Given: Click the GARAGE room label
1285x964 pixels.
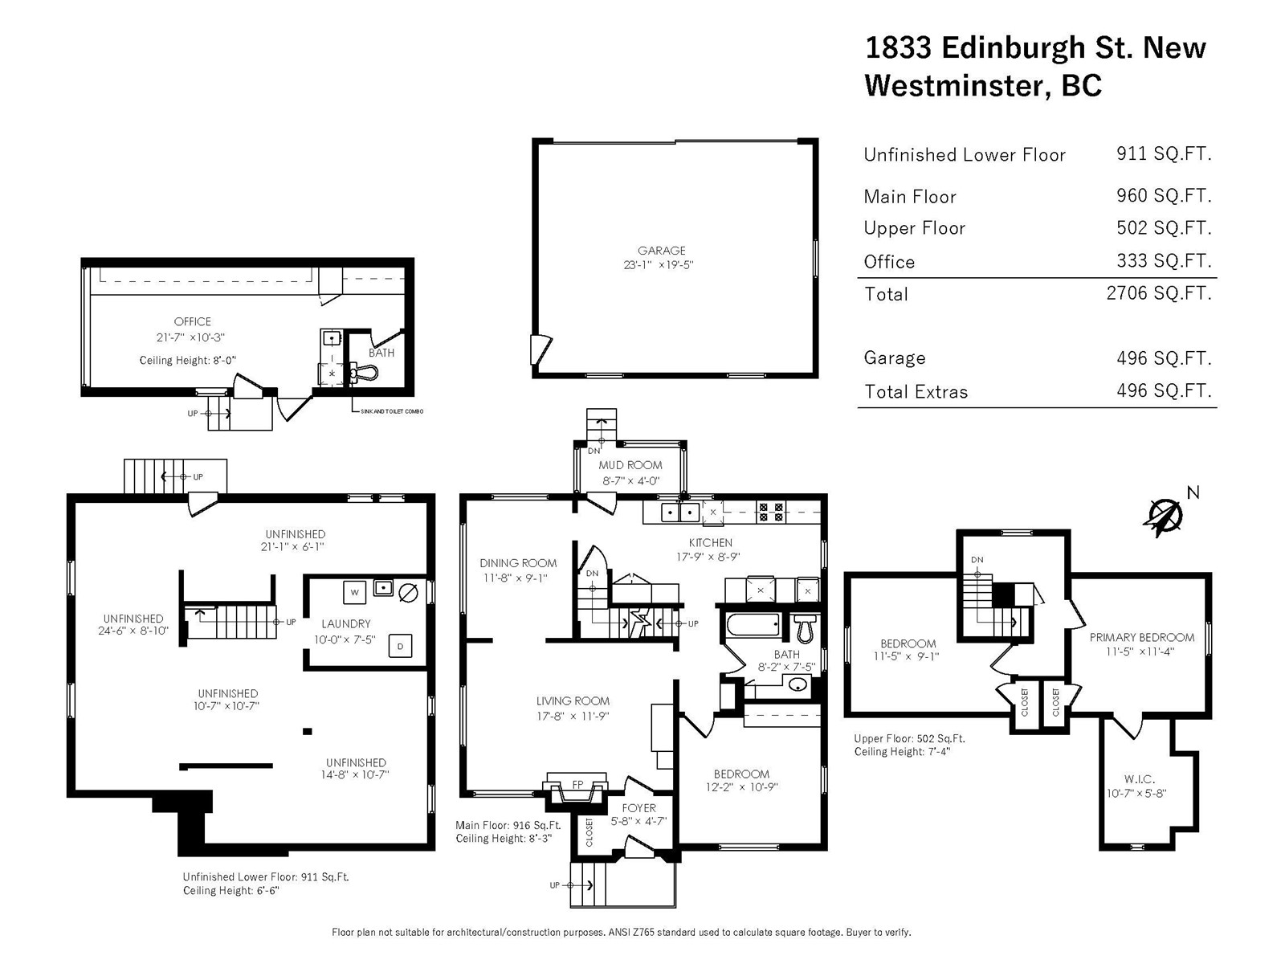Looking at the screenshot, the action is pos(661,251).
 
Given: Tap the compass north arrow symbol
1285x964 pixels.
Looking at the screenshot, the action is pos(1164,517).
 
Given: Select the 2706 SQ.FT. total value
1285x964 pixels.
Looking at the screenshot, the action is pos(1159,292).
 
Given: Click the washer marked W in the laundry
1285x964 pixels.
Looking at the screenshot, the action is pos(354,592).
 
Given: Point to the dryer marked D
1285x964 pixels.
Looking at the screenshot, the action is pos(401,646).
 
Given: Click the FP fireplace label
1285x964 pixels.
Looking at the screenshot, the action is pos(577,784).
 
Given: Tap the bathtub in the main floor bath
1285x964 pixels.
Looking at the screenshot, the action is pos(753,624).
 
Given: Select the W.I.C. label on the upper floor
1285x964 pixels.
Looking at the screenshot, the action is pos(1139,779).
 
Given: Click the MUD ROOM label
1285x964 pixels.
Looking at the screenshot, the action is pos(630,465).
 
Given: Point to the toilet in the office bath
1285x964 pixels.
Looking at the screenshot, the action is pos(363,372).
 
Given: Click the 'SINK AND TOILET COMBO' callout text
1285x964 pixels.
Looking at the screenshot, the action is pos(392,411).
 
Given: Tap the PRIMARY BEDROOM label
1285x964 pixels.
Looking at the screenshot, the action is pos(1141,637).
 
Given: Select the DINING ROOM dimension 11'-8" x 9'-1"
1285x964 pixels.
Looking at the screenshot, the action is pos(515,578).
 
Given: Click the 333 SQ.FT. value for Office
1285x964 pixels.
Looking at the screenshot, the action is pos(1164,260).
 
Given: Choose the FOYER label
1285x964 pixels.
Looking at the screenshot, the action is pos(638,808).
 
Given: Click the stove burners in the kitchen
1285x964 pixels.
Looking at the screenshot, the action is pos(771,512).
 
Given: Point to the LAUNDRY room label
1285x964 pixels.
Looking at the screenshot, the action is pos(346,624).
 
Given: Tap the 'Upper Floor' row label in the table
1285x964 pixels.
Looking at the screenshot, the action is pos(915,227).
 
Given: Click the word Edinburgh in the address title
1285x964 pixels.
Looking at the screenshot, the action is pos(1014,47).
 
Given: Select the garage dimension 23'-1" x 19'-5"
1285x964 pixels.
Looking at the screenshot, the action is pos(659,264).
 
